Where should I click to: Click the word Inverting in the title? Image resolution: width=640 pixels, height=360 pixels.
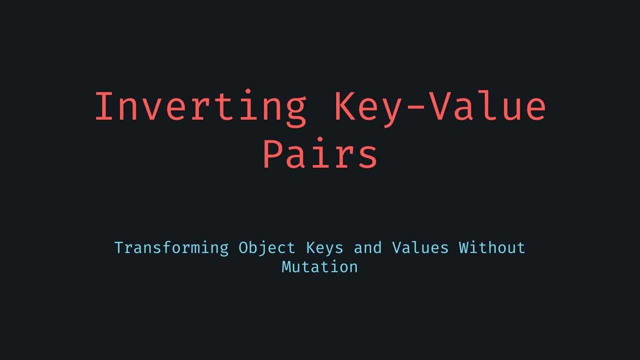click(x=200, y=107)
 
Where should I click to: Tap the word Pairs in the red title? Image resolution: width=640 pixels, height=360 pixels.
click(x=320, y=154)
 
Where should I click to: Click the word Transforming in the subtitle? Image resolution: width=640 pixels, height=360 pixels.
click(x=171, y=247)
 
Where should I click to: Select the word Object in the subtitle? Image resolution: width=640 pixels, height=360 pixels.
click(x=267, y=248)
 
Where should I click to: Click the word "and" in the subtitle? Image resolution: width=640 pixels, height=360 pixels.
click(x=367, y=247)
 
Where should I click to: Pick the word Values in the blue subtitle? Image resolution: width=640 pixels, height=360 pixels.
click(x=420, y=247)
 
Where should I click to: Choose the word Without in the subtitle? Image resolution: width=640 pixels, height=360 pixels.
click(x=492, y=247)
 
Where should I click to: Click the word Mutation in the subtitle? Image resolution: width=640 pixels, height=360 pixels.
click(x=320, y=266)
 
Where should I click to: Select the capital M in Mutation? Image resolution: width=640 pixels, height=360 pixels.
click(x=286, y=266)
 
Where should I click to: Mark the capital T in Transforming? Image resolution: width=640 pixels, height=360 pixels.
click(x=119, y=247)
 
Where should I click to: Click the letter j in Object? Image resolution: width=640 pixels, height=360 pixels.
click(x=262, y=248)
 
